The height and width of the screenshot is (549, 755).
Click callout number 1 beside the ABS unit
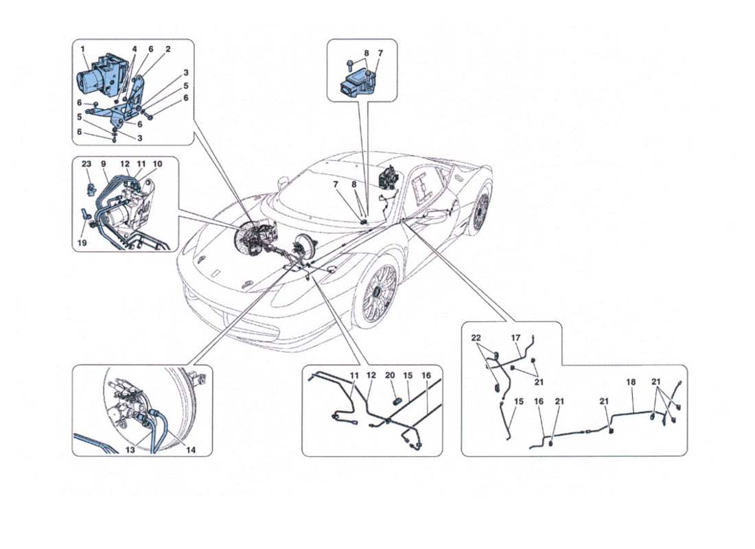pyautogui.click(x=82, y=49)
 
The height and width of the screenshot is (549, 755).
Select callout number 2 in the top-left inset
pyautogui.click(x=167, y=49)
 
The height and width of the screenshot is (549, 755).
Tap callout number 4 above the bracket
pyautogui.click(x=135, y=49)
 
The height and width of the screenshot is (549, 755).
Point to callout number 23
pyautogui.click(x=86, y=164)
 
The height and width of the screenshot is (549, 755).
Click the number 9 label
pyautogui.click(x=104, y=164)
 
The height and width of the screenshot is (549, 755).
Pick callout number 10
pyautogui.click(x=159, y=164)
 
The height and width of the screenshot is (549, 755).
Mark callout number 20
pyautogui.click(x=391, y=375)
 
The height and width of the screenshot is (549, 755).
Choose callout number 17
pyautogui.click(x=516, y=338)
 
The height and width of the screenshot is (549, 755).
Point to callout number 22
pyautogui.click(x=476, y=338)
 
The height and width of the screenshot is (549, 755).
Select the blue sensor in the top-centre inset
pyautogui.click(x=357, y=84)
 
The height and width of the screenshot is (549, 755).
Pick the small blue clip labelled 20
pyautogui.click(x=397, y=397)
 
